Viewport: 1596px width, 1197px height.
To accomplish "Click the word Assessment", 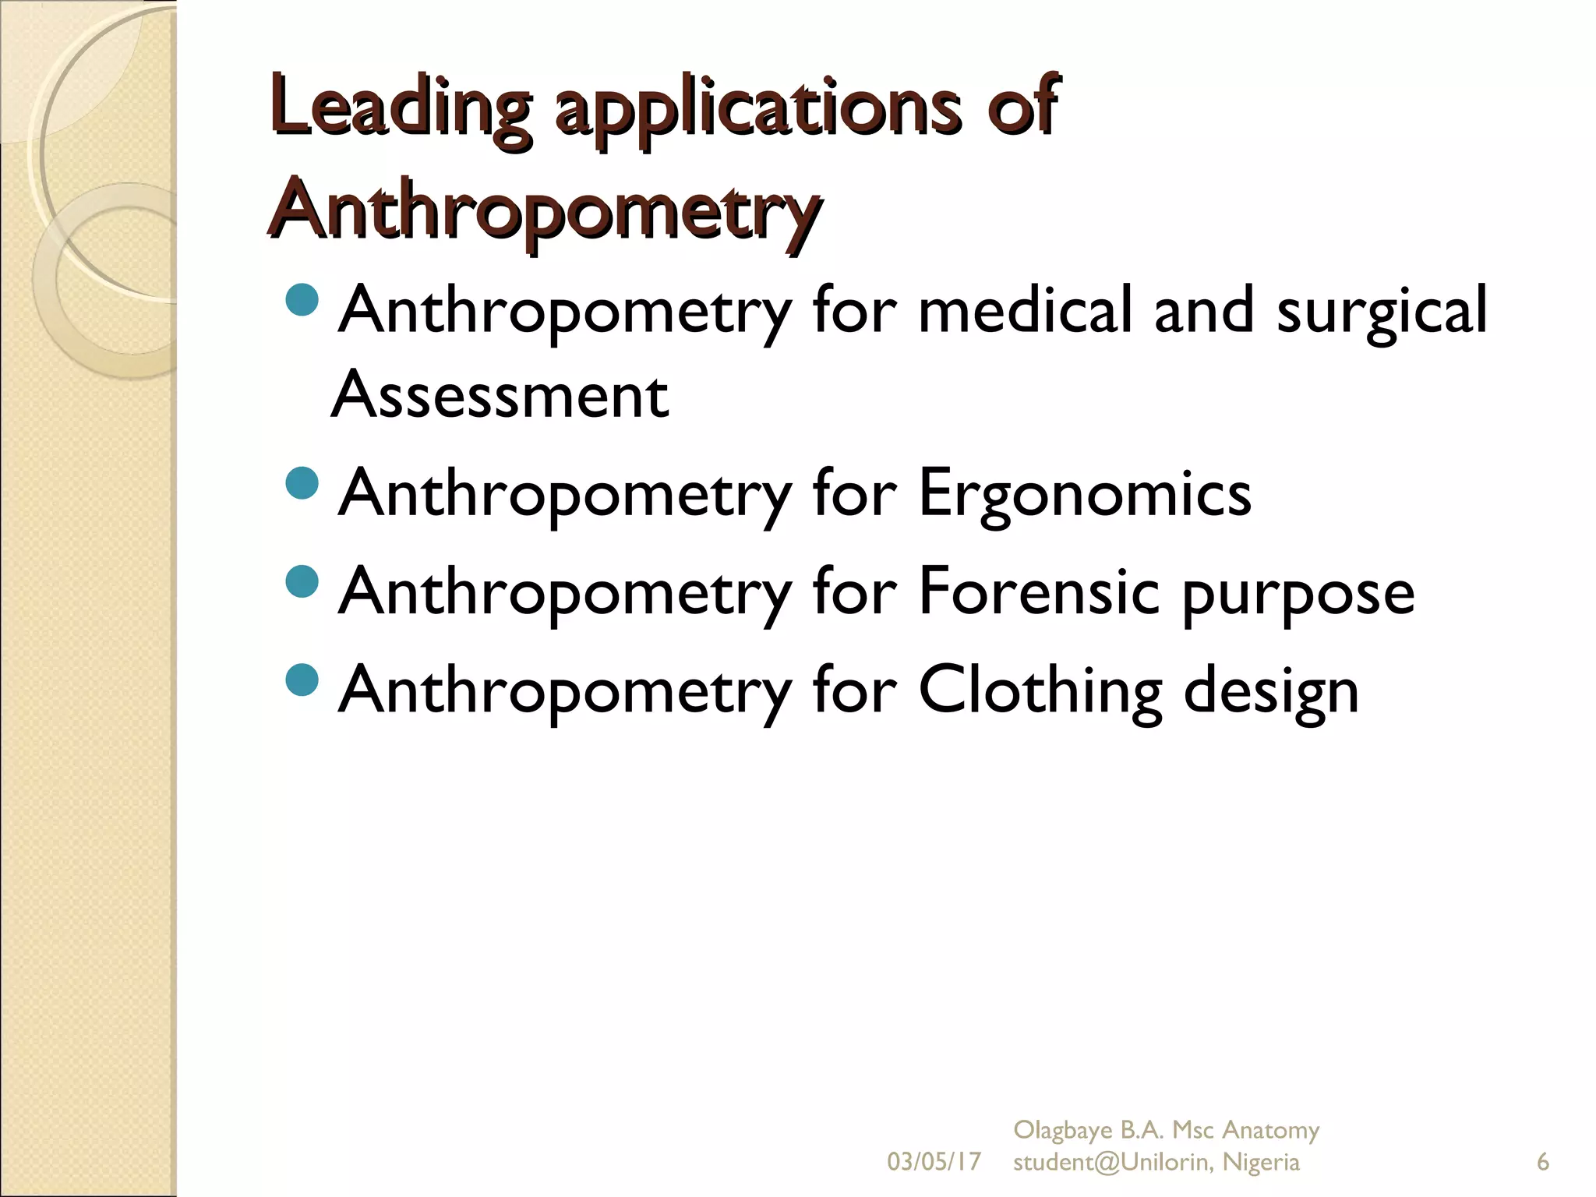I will point(500,395).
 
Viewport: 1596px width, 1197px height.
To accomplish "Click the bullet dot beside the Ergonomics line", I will point(302,483).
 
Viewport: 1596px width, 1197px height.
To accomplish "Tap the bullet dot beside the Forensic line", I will point(302,581).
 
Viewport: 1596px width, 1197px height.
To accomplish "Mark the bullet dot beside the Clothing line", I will point(302,680).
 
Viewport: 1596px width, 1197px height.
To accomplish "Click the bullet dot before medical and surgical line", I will point(302,300).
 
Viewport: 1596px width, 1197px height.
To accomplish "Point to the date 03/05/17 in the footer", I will point(934,1162).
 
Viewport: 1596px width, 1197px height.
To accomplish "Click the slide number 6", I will point(1542,1162).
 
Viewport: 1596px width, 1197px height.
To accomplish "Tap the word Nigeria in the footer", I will point(1261,1162).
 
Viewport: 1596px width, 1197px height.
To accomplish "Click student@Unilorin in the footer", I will point(1111,1162).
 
